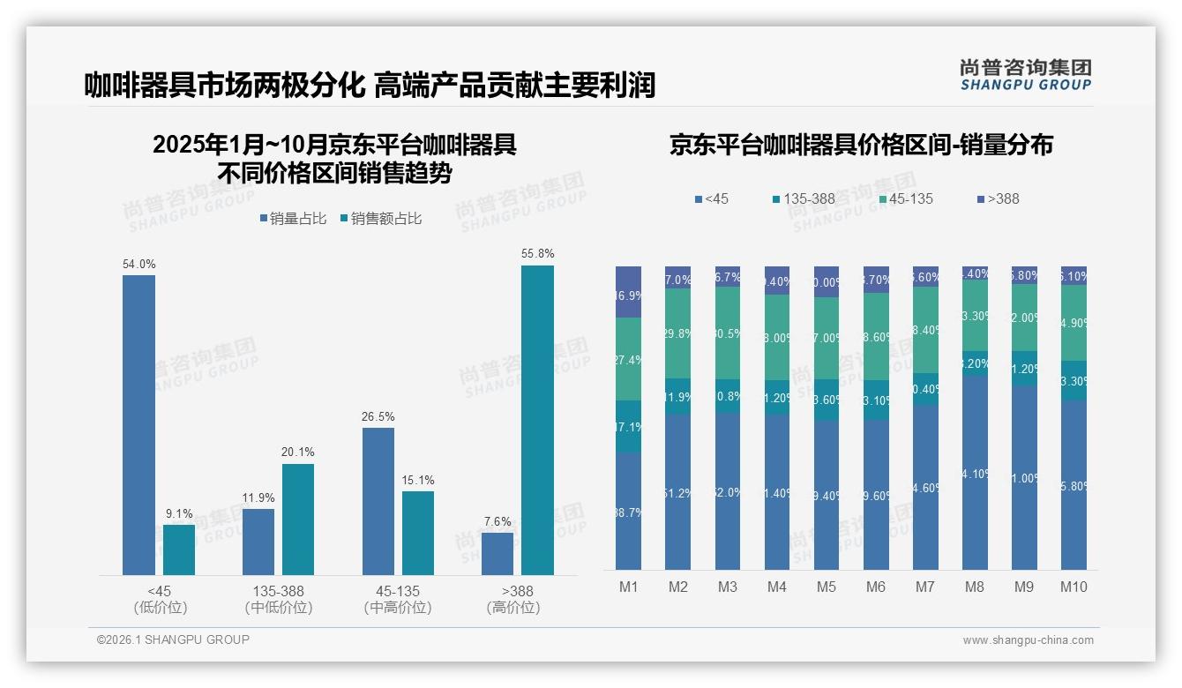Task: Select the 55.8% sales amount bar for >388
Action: point(537,420)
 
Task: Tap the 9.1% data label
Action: point(178,513)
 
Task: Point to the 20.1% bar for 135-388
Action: point(297,520)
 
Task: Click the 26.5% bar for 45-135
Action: point(378,501)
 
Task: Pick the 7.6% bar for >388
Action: point(497,553)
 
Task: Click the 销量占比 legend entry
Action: point(294,219)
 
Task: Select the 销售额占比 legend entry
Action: point(380,219)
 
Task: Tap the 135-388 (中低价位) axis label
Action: point(278,599)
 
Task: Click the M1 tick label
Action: point(628,587)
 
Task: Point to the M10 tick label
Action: point(1073,587)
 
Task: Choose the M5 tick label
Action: point(826,587)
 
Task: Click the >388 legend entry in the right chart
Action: point(997,198)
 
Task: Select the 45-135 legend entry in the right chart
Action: point(904,198)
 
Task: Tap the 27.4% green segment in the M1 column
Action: point(628,359)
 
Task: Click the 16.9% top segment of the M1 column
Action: point(628,292)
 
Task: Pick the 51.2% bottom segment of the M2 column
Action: point(677,491)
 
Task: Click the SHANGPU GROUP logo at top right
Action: point(1025,75)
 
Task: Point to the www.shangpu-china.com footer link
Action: point(1028,640)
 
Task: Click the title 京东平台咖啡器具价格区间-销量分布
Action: point(860,146)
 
